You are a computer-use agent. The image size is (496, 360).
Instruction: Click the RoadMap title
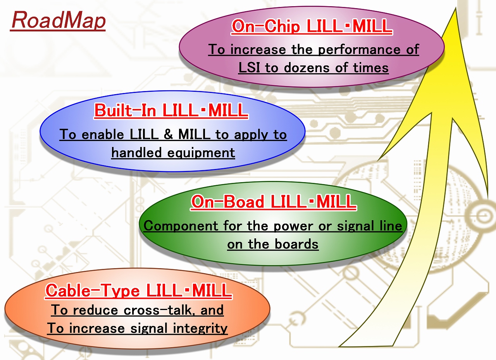click(58, 21)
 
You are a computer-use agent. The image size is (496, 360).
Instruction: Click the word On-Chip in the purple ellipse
click(266, 26)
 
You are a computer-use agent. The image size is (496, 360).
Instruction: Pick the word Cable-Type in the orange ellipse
click(93, 290)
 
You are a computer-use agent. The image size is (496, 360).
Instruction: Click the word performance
click(359, 50)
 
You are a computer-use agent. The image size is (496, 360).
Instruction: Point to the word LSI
click(249, 67)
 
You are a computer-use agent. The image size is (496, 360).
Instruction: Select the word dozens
click(307, 67)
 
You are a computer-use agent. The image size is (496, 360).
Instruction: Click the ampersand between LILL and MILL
click(168, 134)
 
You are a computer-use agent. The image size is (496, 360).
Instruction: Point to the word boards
click(296, 244)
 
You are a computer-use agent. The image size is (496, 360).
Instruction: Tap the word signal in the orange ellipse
click(148, 329)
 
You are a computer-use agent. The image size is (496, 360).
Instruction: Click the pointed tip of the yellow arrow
click(456, 8)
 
